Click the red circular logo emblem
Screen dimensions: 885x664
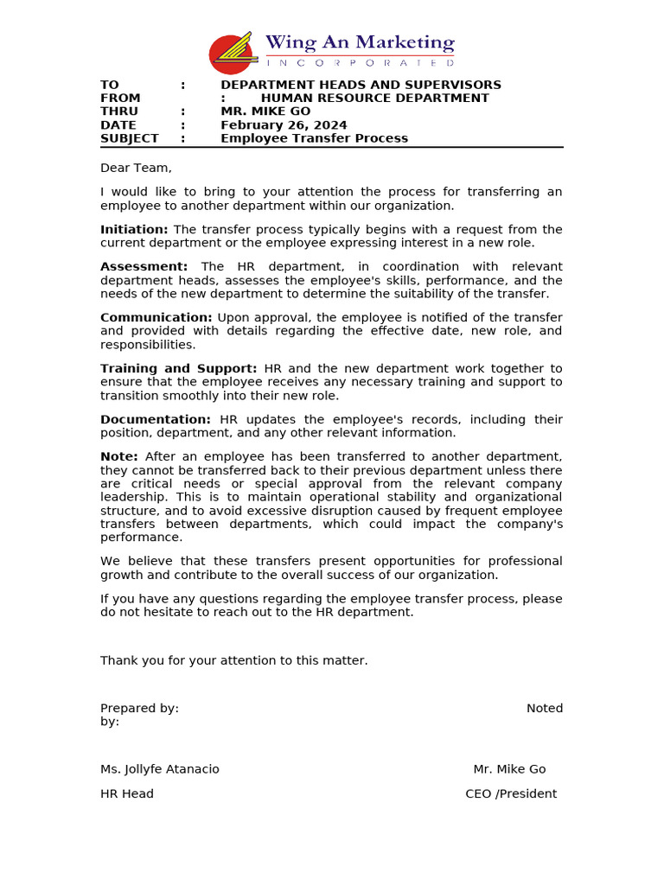(231, 54)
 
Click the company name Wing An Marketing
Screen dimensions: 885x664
(359, 42)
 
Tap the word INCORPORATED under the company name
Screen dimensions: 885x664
(359, 63)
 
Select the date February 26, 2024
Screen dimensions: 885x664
(284, 125)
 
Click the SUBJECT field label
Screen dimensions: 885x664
(129, 138)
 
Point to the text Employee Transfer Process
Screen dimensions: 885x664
(314, 138)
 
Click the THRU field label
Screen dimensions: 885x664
(119, 111)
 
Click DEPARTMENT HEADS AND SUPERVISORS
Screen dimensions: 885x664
(361, 85)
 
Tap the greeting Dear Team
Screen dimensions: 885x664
(136, 168)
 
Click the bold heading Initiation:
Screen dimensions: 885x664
(134, 229)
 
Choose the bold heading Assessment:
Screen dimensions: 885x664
(144, 267)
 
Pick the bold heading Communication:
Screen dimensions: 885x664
(156, 318)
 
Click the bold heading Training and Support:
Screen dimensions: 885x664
(178, 368)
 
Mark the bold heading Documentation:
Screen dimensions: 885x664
(155, 419)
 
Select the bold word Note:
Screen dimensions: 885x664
(118, 456)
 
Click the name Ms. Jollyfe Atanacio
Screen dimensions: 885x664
(160, 769)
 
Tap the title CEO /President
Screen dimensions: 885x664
(511, 793)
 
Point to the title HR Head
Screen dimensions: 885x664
(127, 793)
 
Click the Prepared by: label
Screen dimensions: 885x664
(139, 708)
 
